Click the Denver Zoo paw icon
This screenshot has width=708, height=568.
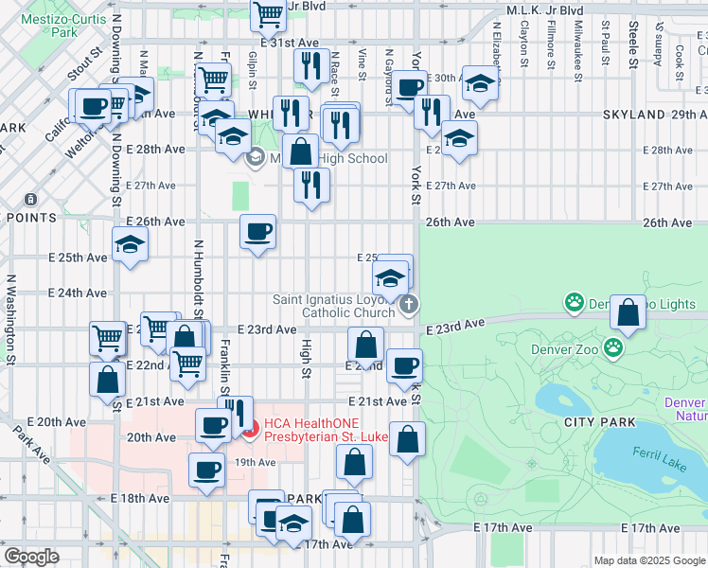(x=614, y=347)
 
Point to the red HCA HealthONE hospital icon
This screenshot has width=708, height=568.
(x=250, y=435)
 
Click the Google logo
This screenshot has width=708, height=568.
(x=31, y=557)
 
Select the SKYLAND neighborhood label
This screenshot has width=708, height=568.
(x=633, y=115)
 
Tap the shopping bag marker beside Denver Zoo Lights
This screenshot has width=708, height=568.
(x=628, y=311)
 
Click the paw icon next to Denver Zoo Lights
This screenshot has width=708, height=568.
(x=574, y=303)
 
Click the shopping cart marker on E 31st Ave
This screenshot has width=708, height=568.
(x=269, y=15)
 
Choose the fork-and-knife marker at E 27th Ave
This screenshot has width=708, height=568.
(x=310, y=186)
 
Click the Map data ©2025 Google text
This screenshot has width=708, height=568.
(x=649, y=559)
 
